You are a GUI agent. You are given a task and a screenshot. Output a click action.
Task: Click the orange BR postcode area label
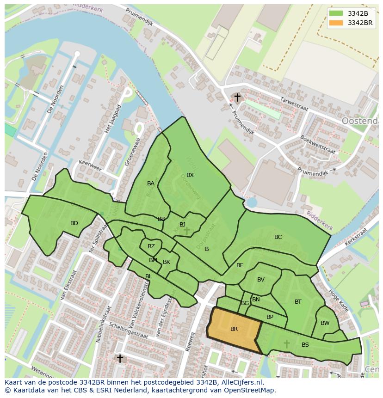tap(234, 329)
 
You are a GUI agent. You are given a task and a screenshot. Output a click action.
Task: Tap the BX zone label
tap(190, 175)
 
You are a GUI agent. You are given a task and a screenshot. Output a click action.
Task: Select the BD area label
tap(74, 223)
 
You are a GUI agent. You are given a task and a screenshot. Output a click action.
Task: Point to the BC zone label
tap(278, 237)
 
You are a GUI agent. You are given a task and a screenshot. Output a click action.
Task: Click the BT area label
tap(298, 302)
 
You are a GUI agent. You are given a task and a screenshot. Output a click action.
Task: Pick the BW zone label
tap(325, 323)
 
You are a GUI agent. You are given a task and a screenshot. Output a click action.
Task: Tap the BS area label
tap(305, 345)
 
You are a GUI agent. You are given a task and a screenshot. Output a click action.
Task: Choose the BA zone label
tap(151, 184)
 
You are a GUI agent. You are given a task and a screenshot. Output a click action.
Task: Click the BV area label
tap(261, 280)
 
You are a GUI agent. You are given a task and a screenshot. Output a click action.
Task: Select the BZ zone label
tap(151, 246)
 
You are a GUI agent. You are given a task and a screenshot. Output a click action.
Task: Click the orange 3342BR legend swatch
tap(337, 23)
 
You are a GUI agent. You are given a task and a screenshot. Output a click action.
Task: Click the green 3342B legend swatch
tap(337, 13)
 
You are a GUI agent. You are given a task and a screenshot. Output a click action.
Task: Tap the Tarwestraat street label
tap(294, 104)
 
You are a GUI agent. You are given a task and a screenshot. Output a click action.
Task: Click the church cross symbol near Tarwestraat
tap(237, 97)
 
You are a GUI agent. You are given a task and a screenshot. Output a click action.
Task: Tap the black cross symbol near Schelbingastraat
tap(120, 358)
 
